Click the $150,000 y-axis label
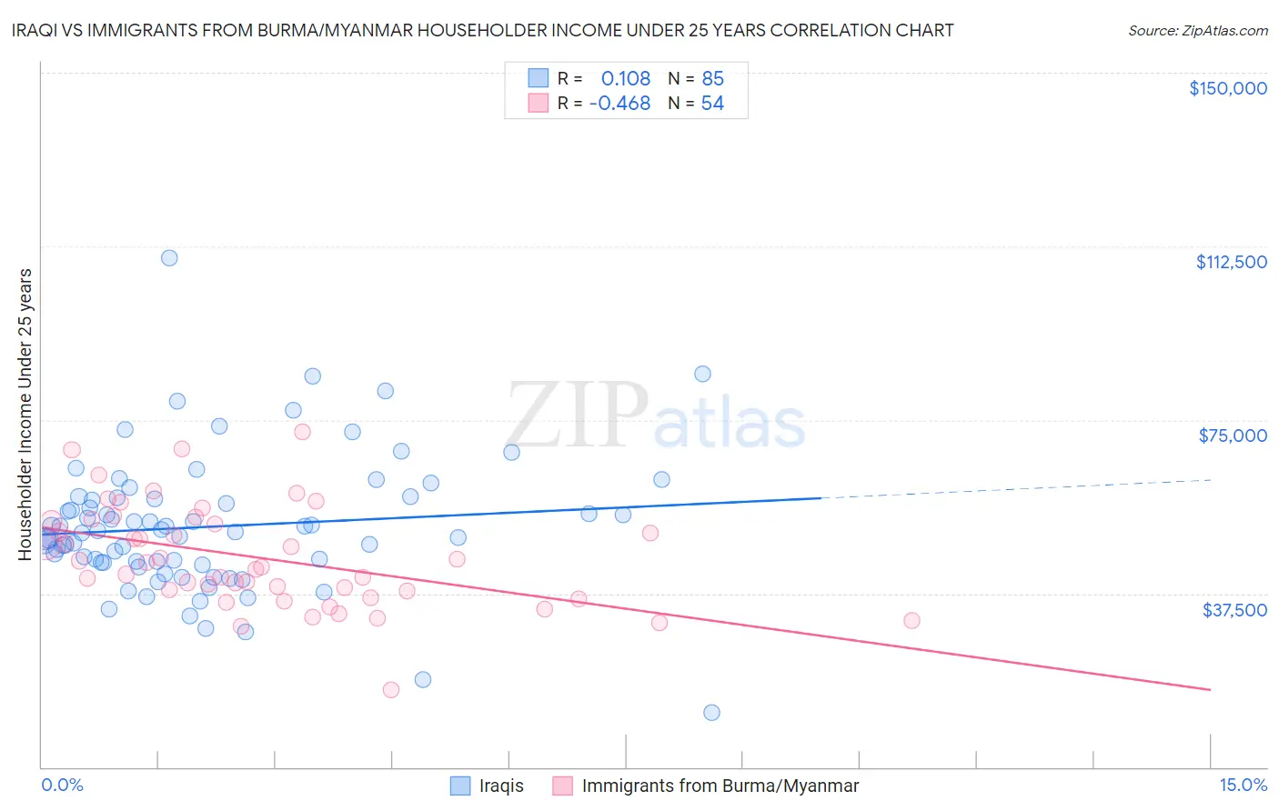[x=1227, y=88]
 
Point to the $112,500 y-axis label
[x=1231, y=262]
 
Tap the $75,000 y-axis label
[x=1233, y=436]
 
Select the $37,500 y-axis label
[x=1234, y=610]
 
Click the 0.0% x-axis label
[x=62, y=785]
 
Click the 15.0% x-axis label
[x=1243, y=785]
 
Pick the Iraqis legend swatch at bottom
[x=460, y=786]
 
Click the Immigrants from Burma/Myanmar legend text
[x=720, y=786]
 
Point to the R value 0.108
[x=626, y=78]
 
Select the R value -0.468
[x=619, y=104]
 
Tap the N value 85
[x=712, y=78]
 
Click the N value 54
[x=712, y=104]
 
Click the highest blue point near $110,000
[x=169, y=257]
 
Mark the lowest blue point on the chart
[x=711, y=713]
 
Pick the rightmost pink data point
[x=911, y=620]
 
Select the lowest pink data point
[x=391, y=689]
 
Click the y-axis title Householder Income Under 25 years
[x=25, y=414]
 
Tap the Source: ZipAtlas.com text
[x=1197, y=31]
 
